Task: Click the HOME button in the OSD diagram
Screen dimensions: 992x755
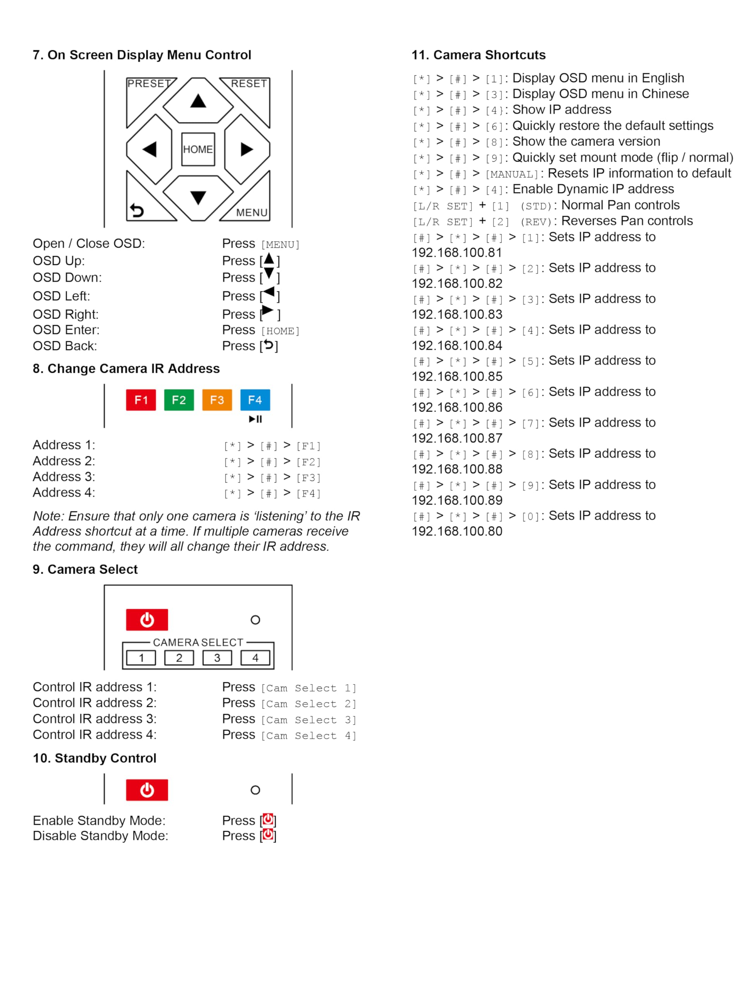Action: tap(198, 149)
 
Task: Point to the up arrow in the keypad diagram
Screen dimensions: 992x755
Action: tap(198, 101)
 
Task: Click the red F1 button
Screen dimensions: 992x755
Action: tap(141, 400)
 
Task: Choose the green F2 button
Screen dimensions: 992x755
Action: tap(179, 400)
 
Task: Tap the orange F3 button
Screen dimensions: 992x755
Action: tap(217, 400)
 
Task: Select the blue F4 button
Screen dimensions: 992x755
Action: tap(255, 400)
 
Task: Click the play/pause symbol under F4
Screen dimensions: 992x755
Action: tap(255, 419)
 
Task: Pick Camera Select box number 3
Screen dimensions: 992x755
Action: tap(217, 658)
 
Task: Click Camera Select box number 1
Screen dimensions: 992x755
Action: tap(141, 658)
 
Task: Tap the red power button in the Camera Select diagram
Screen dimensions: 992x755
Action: tap(147, 620)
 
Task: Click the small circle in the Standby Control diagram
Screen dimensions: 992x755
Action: tap(255, 790)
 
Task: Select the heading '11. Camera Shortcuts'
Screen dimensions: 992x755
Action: tap(478, 55)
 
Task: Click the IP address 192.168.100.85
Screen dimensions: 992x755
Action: tap(457, 377)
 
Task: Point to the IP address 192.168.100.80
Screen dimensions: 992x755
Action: tap(457, 531)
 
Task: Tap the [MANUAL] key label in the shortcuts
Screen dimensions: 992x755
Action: tap(512, 174)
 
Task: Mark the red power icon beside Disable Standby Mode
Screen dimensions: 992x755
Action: tap(268, 835)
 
